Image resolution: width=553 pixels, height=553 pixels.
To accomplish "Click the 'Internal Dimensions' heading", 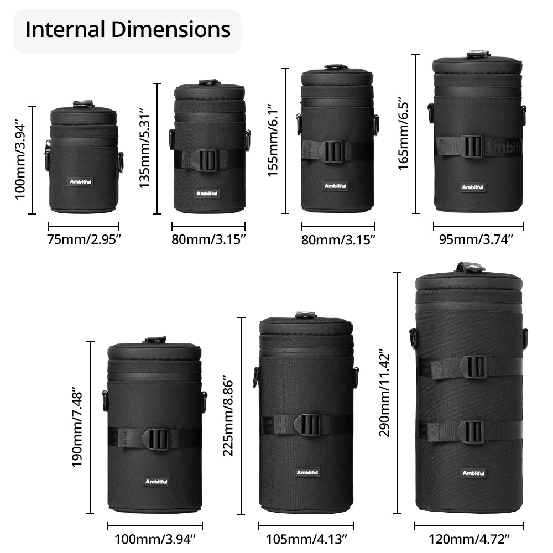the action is point(128,30).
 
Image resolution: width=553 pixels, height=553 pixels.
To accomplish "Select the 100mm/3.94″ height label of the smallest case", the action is point(20,161).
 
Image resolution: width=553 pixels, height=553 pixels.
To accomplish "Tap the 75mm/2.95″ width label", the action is point(84,239).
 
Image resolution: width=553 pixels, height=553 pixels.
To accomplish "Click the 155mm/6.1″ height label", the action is point(273,140).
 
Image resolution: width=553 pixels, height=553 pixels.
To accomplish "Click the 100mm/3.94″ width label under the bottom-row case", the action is point(155,539).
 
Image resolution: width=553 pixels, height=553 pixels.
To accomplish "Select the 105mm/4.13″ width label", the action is point(306,539).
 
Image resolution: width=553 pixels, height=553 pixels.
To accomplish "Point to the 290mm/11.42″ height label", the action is point(384,393).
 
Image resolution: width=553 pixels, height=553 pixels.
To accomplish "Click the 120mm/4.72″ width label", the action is point(469,539).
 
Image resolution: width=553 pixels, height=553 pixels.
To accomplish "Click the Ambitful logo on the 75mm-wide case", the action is point(80,182).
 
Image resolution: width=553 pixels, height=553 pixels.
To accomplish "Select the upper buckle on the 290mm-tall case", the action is point(474,367).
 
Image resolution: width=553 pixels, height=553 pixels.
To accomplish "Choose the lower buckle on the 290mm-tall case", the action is point(471,431).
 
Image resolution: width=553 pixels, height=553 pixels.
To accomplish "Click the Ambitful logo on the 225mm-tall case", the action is point(307,473).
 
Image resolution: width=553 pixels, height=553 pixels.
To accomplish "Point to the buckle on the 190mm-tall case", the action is point(156,439).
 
